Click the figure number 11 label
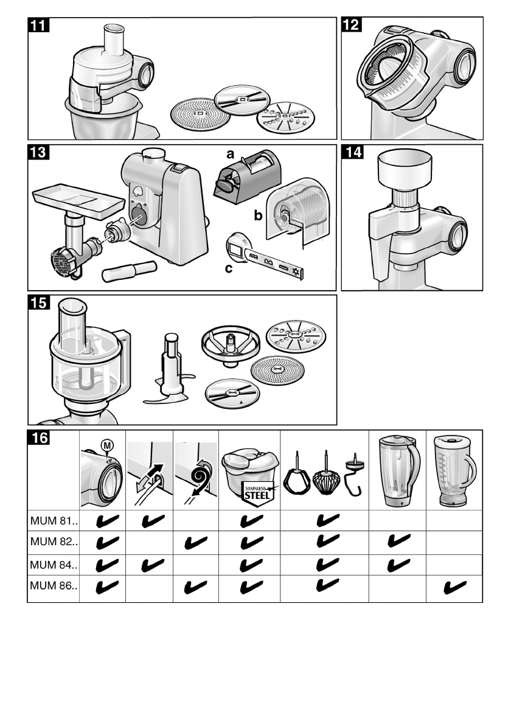click(x=39, y=25)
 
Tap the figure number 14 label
click(x=353, y=152)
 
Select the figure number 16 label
click(x=39, y=437)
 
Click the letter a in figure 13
click(x=230, y=154)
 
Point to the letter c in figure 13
click(x=229, y=268)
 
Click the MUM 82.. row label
click(x=54, y=541)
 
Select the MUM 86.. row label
click(x=54, y=586)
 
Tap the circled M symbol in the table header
click(x=107, y=445)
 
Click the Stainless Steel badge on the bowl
click(x=257, y=494)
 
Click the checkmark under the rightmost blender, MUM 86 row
click(x=454, y=587)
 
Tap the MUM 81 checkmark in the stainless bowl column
click(x=252, y=521)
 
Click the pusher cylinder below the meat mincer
click(x=129, y=271)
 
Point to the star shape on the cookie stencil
click(x=296, y=273)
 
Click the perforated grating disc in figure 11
click(x=200, y=114)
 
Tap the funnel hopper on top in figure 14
click(x=405, y=170)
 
